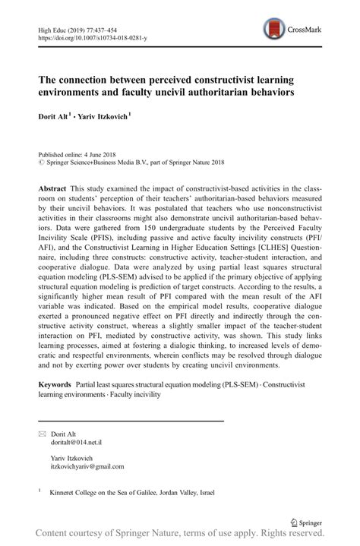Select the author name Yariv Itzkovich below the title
pos(106,118)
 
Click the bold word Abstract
pos(55,188)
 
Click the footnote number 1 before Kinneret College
pos(40,491)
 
